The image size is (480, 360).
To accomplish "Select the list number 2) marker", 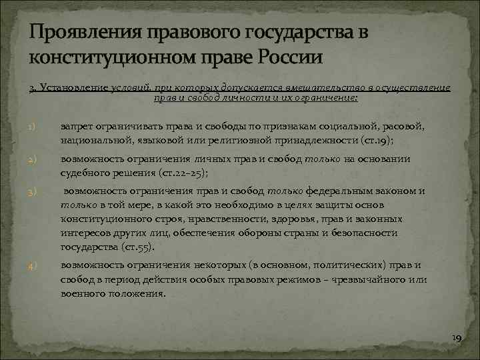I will [32, 161].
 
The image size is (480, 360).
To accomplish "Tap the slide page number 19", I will [456, 339].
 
